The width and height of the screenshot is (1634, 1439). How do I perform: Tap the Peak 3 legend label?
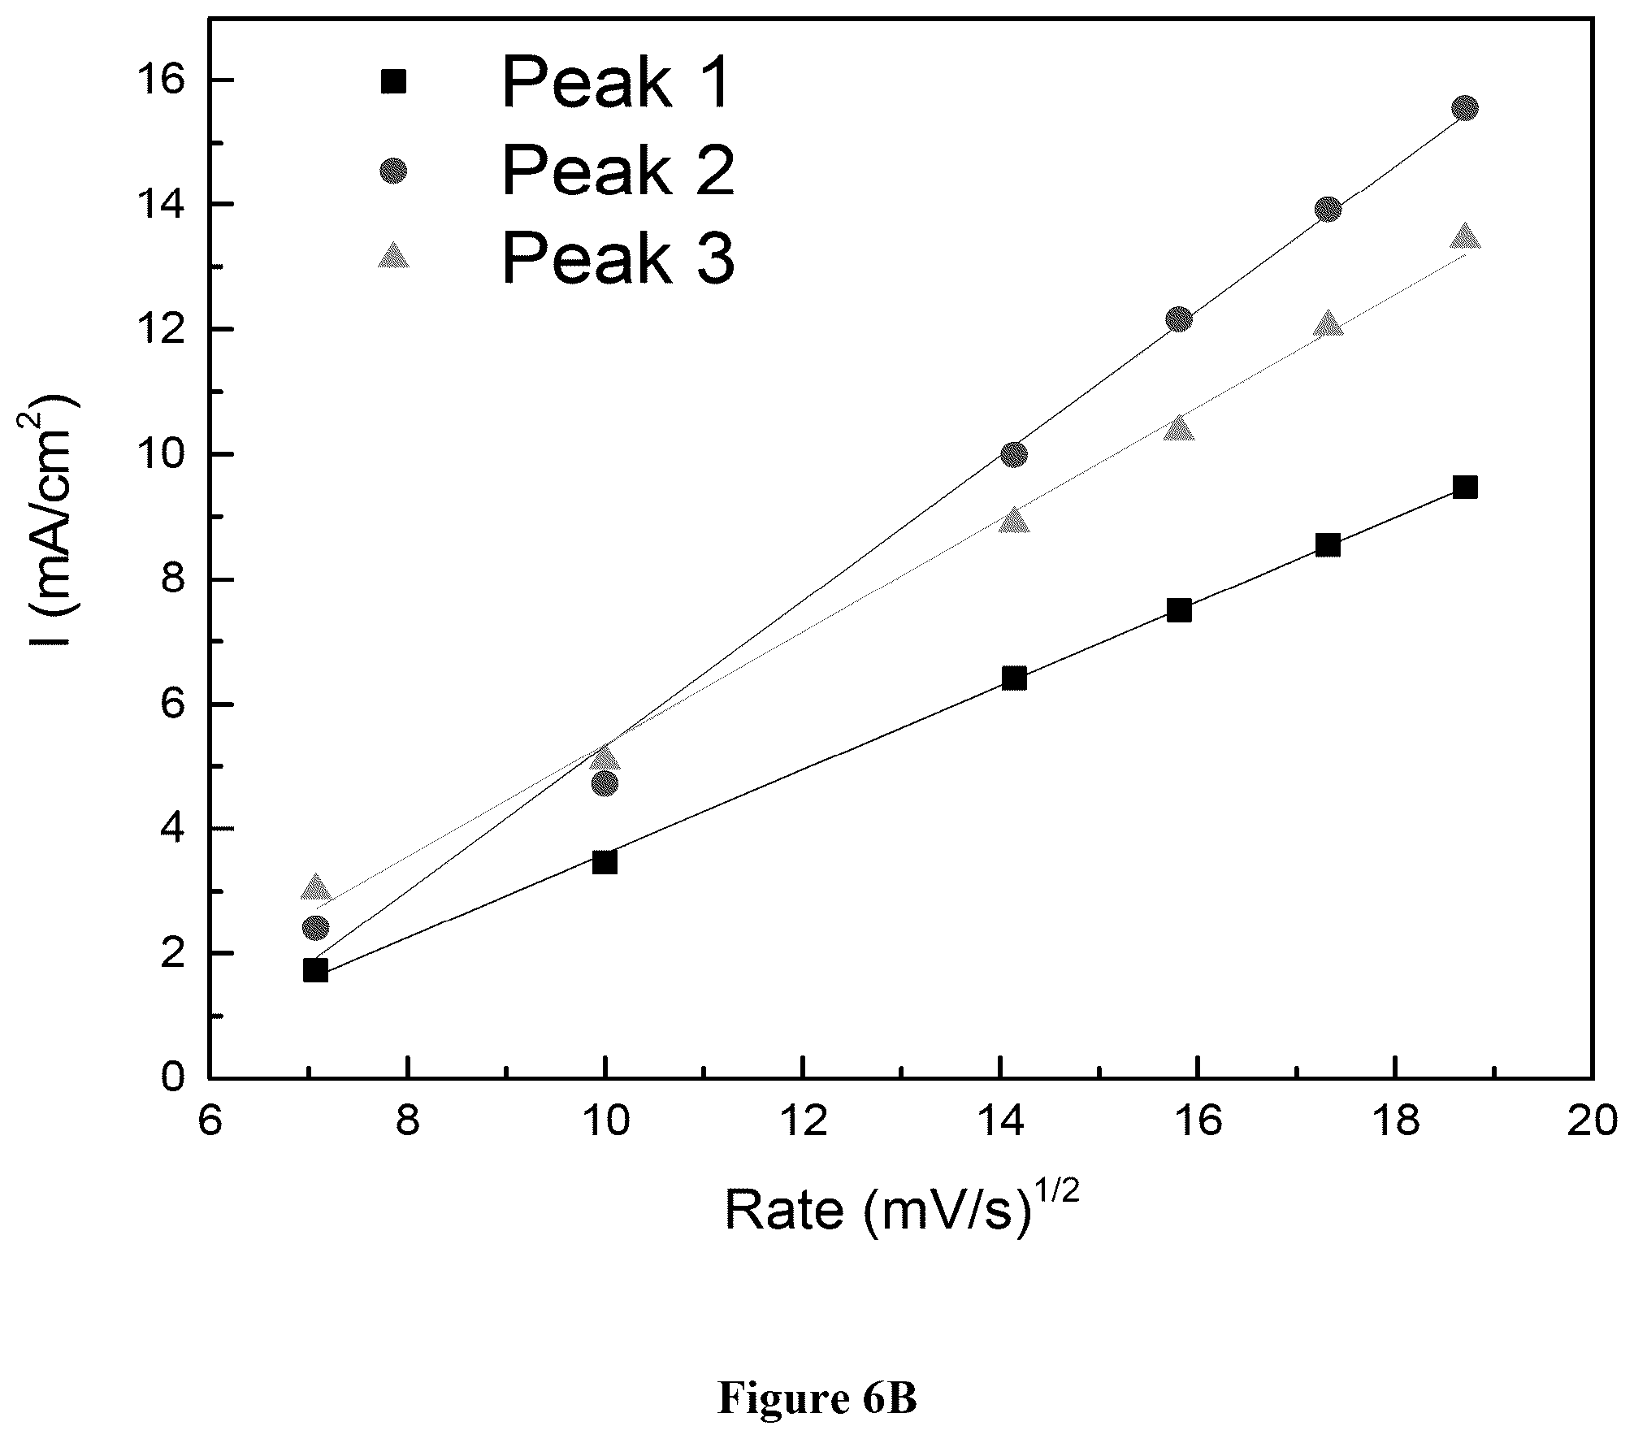(618, 257)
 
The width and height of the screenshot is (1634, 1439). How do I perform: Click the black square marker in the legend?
(394, 81)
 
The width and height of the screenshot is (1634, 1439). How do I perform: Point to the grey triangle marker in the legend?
(394, 255)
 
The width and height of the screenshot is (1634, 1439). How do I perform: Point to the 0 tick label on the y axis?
(174, 1078)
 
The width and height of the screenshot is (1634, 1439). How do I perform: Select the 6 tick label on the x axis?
(210, 1122)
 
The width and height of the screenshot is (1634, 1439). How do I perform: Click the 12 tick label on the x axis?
(803, 1122)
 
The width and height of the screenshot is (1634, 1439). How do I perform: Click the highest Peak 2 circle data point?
(1465, 108)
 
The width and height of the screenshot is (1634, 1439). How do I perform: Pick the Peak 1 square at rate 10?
(605, 861)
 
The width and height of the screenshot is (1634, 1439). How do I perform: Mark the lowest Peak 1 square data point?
(315, 970)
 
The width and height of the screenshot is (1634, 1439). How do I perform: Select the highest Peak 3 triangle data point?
(1465, 236)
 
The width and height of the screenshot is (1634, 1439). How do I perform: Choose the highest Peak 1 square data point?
(1465, 488)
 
